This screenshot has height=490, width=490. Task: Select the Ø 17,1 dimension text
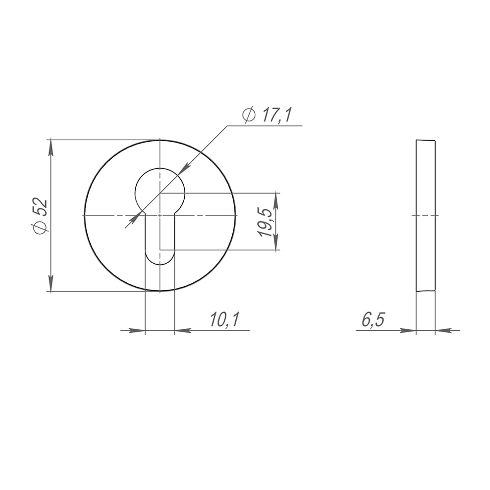tap(267, 115)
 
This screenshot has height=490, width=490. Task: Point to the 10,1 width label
tap(224, 319)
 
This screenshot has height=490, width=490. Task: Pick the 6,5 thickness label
tap(373, 319)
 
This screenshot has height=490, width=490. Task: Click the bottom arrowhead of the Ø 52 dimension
tap(51, 283)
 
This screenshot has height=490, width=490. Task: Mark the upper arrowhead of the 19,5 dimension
tap(275, 200)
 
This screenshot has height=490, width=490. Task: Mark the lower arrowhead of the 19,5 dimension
tap(275, 242)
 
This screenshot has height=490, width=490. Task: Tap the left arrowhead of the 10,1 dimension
tap(137, 330)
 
